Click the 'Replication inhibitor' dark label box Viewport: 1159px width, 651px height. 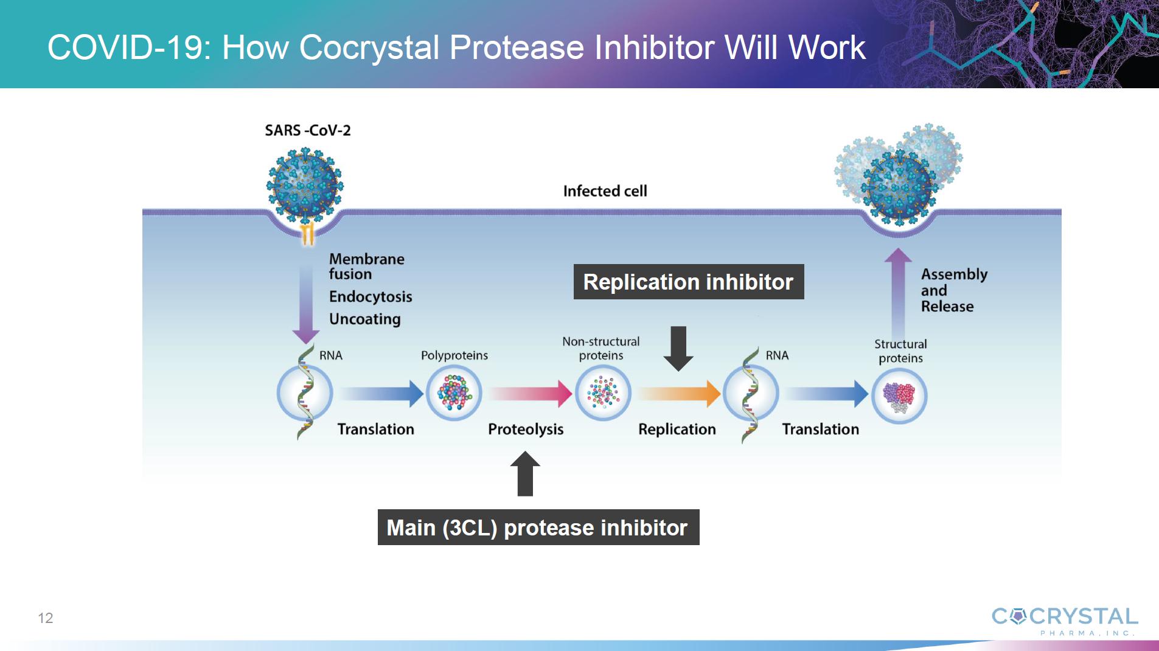[x=689, y=282]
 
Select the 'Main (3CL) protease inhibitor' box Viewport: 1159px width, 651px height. [x=538, y=527]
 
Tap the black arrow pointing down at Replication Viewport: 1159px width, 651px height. [x=678, y=349]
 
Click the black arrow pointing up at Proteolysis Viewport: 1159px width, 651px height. [x=525, y=473]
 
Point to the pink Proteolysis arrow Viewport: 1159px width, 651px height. [x=531, y=394]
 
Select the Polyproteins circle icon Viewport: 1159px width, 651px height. [x=454, y=392]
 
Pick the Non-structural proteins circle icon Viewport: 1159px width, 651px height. [x=603, y=392]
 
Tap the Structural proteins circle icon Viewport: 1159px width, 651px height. [x=899, y=396]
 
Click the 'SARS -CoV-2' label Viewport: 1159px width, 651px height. [x=308, y=130]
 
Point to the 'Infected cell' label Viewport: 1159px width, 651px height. [x=605, y=191]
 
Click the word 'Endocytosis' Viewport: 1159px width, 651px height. [x=371, y=297]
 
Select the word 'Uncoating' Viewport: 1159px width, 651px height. [x=365, y=319]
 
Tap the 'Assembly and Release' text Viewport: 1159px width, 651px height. [x=954, y=290]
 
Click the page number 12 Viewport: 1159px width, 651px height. [x=46, y=618]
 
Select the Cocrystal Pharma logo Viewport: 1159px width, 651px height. [x=1065, y=621]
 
